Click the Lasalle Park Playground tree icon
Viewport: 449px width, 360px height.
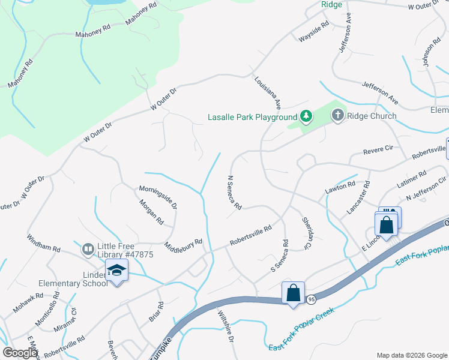[x=306, y=116]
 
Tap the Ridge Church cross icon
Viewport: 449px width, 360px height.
[x=338, y=115]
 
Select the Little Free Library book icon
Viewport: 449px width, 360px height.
[x=88, y=248]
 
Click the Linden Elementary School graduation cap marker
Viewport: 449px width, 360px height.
[x=118, y=272]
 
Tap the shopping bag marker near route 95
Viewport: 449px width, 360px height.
[x=293, y=294]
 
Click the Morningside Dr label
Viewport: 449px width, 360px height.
[x=158, y=196]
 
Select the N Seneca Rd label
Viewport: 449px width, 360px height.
[x=234, y=192]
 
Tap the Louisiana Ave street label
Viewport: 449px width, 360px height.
[x=268, y=93]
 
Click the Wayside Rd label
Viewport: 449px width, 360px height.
[x=315, y=33]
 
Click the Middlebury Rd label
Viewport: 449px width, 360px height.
[x=184, y=245]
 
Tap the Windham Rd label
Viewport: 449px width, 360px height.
[x=44, y=243]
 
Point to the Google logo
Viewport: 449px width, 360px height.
[x=20, y=353]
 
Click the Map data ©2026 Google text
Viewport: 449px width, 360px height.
[x=411, y=355]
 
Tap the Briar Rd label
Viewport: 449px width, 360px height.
[x=155, y=311]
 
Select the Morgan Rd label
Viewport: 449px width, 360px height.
[x=152, y=212]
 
